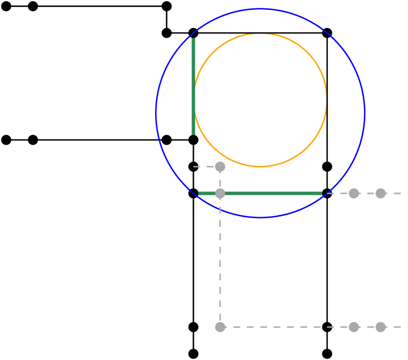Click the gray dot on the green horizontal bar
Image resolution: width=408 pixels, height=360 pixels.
click(x=220, y=194)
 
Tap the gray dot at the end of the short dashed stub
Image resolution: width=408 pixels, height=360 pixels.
click(x=220, y=167)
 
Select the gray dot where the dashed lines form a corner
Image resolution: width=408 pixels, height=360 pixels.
click(x=220, y=327)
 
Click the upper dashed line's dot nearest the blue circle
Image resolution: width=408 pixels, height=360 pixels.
click(x=354, y=194)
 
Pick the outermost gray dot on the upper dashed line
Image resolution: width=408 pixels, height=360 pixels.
click(x=381, y=194)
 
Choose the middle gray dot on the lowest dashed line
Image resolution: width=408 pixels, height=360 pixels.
click(x=354, y=327)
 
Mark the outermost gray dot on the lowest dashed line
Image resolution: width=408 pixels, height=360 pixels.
click(x=381, y=327)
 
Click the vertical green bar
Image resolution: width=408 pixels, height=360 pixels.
click(x=193, y=86)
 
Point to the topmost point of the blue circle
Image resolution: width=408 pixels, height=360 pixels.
click(x=260, y=9)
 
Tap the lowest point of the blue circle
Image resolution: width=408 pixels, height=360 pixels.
click(x=260, y=217)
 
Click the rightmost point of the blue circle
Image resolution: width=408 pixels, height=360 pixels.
click(x=365, y=113)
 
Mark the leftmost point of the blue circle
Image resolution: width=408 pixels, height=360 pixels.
click(x=156, y=113)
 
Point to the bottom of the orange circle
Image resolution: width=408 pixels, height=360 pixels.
click(x=260, y=166)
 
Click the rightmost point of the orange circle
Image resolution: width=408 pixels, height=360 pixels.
click(x=326, y=100)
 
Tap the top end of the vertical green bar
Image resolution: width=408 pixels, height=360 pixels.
click(x=193, y=38)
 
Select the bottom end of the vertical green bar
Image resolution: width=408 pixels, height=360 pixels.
click(x=193, y=134)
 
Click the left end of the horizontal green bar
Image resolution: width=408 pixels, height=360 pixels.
click(x=199, y=194)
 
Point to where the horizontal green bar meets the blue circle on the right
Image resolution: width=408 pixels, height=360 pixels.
click(x=322, y=194)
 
